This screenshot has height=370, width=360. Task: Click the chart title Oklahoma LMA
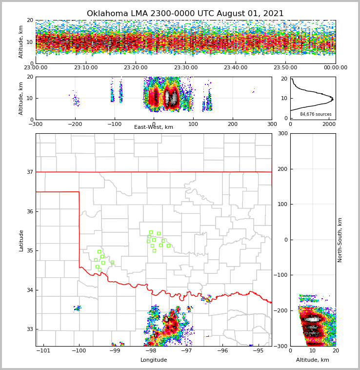click(185, 14)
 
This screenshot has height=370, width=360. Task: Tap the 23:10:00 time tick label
click(86, 68)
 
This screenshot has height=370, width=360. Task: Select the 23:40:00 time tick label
click(236, 68)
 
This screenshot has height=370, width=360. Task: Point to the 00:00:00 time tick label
click(335, 68)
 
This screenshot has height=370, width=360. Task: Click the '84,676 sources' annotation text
click(316, 114)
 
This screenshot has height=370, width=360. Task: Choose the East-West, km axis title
click(154, 127)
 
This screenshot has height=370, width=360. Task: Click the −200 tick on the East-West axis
click(75, 124)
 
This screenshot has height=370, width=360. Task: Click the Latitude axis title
click(21, 240)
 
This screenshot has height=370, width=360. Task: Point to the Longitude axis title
click(154, 360)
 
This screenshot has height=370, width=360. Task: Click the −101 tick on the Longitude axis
click(44, 351)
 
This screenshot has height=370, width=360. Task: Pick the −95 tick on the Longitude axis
click(258, 351)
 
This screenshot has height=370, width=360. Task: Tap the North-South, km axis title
click(340, 240)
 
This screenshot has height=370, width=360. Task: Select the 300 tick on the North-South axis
click(282, 133)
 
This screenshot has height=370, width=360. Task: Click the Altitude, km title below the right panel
click(313, 360)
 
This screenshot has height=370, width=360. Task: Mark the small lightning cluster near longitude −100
click(78, 308)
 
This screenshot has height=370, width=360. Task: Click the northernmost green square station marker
click(151, 232)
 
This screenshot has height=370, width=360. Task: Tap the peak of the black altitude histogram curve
click(332, 99)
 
